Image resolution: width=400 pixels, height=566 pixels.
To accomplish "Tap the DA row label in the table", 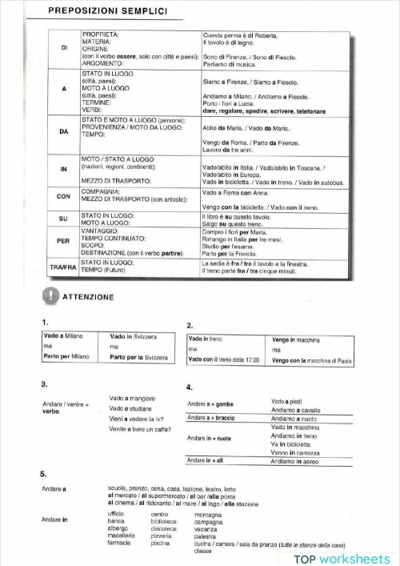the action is click(x=64, y=130).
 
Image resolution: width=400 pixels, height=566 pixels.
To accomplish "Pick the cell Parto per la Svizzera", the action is click(x=138, y=356).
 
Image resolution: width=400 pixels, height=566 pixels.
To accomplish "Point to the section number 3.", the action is click(x=45, y=384).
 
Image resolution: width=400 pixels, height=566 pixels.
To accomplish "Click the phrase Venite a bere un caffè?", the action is click(x=142, y=429).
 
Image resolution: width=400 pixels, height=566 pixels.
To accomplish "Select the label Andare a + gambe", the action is click(x=210, y=404).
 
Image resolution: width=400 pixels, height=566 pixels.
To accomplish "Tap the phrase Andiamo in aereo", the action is click(x=293, y=462).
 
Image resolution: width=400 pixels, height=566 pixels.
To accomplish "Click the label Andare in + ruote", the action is click(x=210, y=439).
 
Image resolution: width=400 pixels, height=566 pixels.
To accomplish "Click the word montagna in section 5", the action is click(x=210, y=514).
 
